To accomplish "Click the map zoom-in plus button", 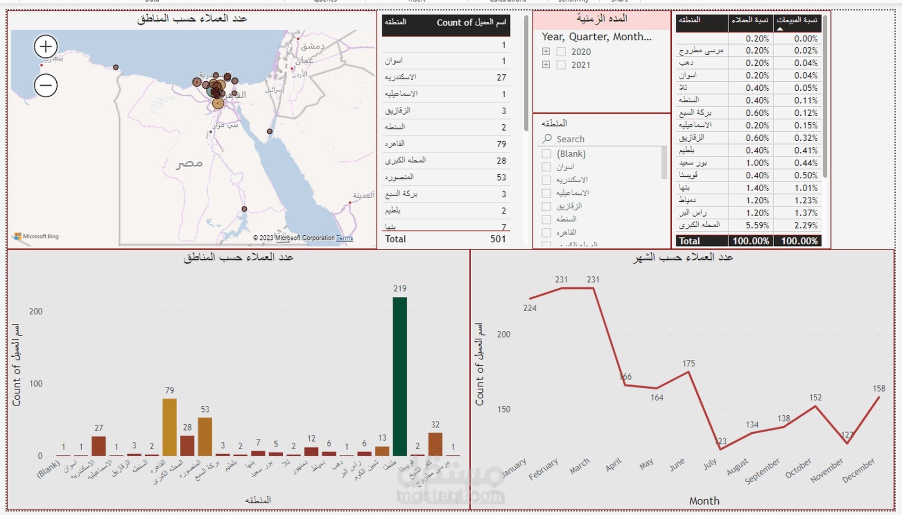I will click(x=46, y=47).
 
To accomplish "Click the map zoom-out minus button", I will click(x=46, y=85).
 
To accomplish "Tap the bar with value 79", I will click(x=169, y=427).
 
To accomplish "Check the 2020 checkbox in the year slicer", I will click(x=561, y=51).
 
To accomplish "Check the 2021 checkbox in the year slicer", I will click(x=561, y=65).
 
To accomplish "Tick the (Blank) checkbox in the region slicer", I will click(x=546, y=153).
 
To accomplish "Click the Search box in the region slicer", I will click(x=600, y=139).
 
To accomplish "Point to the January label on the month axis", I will click(x=513, y=468).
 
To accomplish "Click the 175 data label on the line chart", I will click(x=688, y=364).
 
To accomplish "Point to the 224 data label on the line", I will click(x=530, y=308).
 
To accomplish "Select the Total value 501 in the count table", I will click(x=498, y=239).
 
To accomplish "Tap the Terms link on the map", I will click(x=344, y=238).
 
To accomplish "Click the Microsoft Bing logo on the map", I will click(x=37, y=236).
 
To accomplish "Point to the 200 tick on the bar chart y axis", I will click(x=36, y=312).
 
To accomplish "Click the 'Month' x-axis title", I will click(x=704, y=501).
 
